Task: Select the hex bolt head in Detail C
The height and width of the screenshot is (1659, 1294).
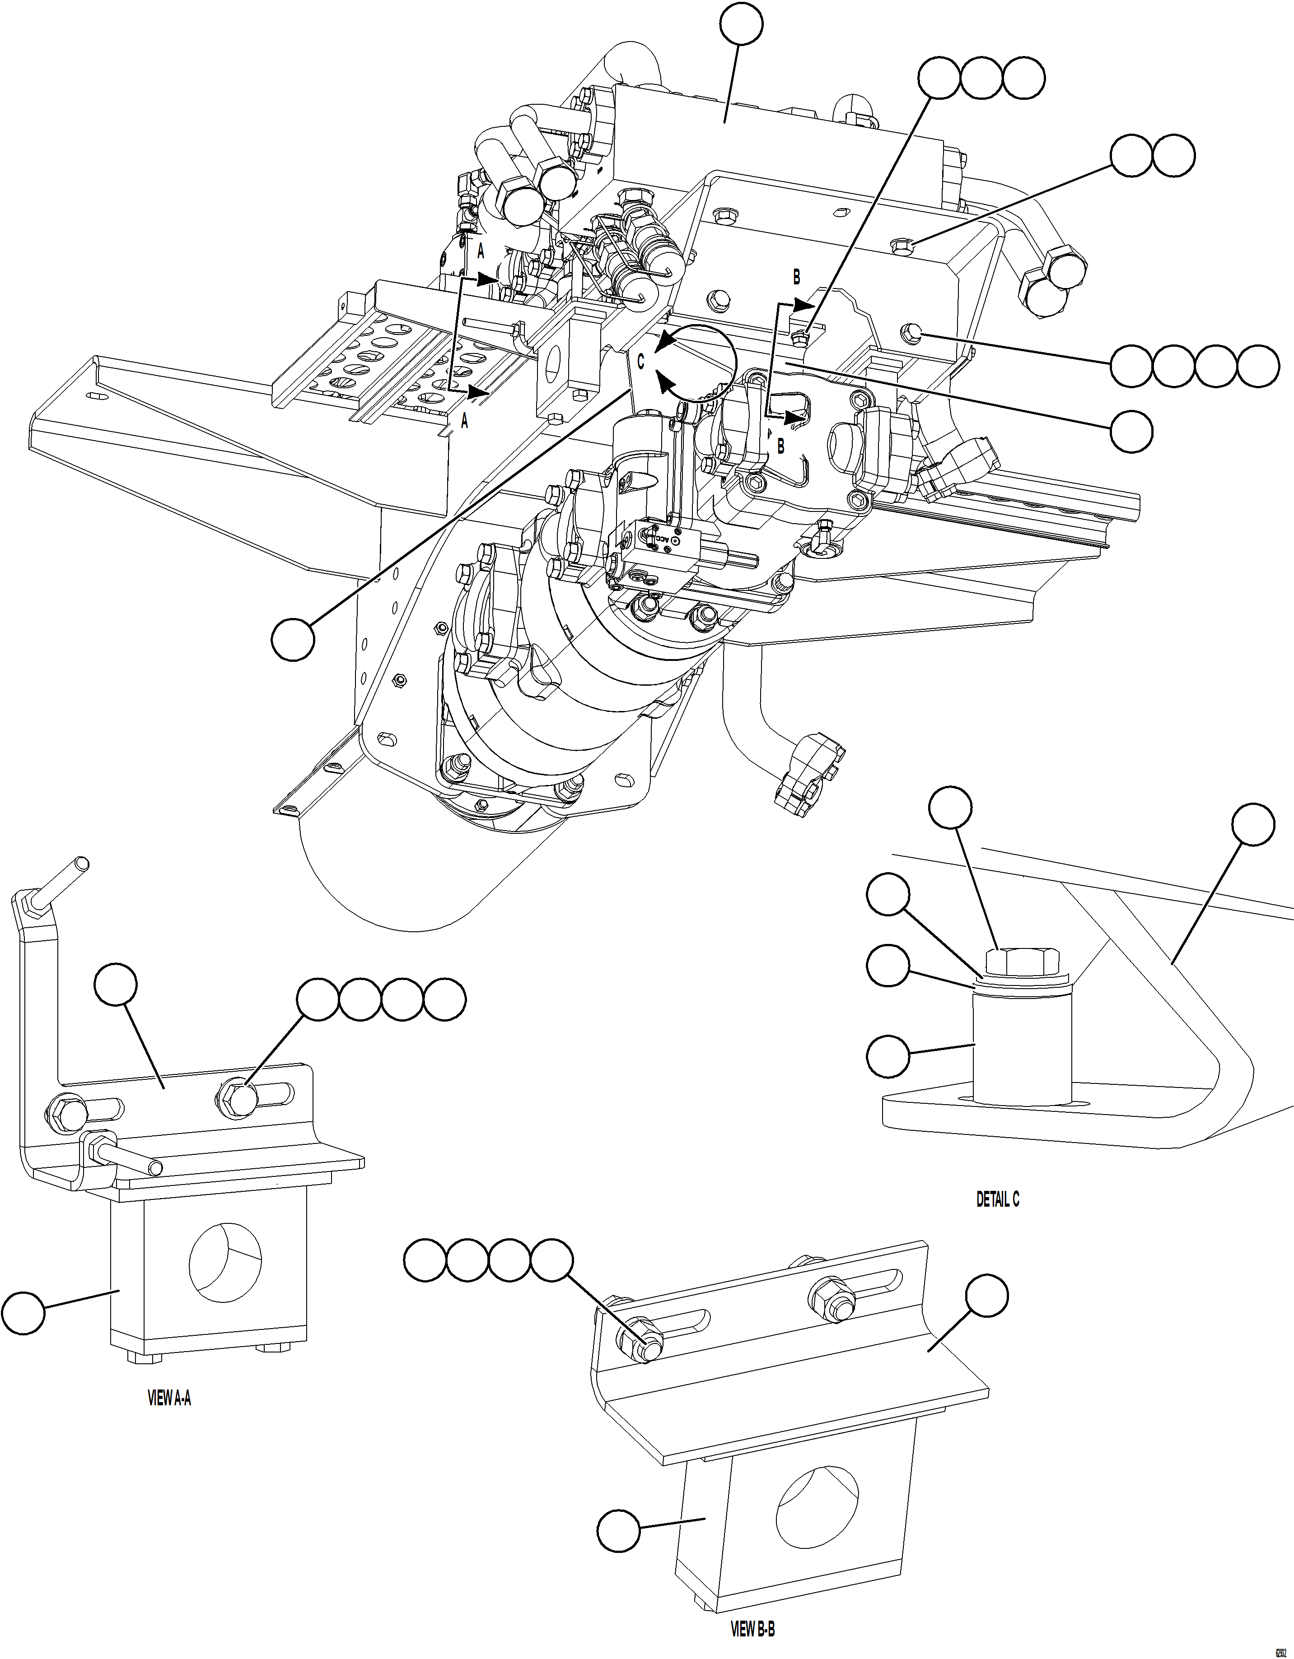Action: click(1025, 962)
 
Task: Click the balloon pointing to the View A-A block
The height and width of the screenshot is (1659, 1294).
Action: click(23, 1312)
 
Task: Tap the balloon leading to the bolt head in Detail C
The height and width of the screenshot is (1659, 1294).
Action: click(951, 808)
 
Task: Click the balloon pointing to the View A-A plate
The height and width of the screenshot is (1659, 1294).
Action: click(116, 986)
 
